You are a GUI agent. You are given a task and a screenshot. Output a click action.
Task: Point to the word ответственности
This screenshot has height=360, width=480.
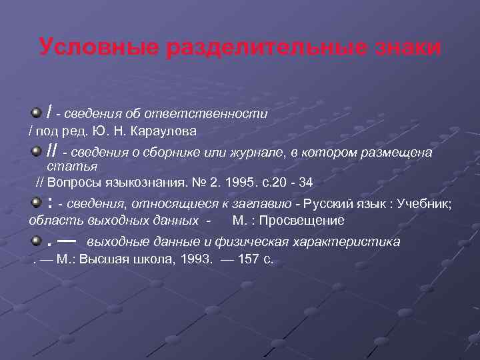click(219, 114)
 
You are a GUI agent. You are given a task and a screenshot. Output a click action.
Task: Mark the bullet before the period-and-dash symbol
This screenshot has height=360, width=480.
click(37, 238)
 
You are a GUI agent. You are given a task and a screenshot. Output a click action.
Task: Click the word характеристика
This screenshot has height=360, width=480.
click(354, 241)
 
